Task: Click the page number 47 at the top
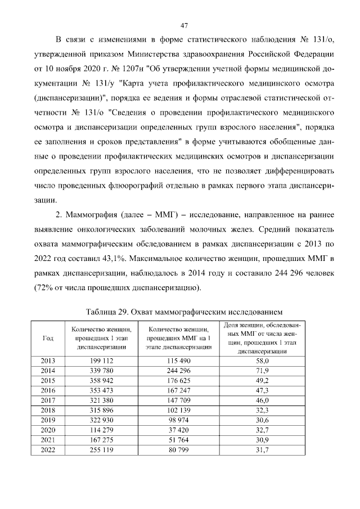click(x=183, y=25)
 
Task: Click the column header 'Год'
click(x=48, y=338)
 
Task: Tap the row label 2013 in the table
click(x=48, y=360)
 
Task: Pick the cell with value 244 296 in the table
click(x=178, y=370)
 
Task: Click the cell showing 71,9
click(x=262, y=370)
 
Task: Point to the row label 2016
click(x=48, y=390)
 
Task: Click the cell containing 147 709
click(x=178, y=400)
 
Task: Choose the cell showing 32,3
click(x=262, y=410)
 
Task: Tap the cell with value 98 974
click(x=178, y=420)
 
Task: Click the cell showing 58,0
click(x=262, y=360)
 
